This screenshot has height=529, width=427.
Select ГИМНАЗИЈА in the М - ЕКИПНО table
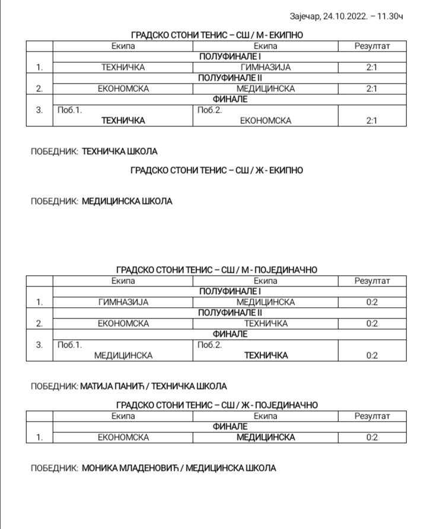pos(266,68)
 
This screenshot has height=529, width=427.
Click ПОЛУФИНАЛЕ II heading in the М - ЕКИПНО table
pos(230,78)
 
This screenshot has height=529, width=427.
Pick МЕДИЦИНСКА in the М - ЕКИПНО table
pos(266,89)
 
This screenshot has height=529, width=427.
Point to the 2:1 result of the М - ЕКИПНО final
pos(372,120)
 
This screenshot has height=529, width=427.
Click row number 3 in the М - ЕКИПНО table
pos(40,110)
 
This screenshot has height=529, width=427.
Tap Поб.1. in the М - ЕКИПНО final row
pos(68,110)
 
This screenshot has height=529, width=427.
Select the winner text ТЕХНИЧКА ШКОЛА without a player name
pos(119,151)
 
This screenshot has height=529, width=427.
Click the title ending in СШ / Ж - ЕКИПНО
pos(216,170)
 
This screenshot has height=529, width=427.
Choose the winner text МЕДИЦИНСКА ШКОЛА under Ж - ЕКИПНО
pos(127,201)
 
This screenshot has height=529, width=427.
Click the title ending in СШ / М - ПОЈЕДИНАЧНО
pos(216,270)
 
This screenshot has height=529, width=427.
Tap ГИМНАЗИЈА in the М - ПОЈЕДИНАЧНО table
pos(123,302)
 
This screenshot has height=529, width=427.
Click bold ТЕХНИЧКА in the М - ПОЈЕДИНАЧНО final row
pos(266,355)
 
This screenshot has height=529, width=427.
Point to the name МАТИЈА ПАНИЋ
pos(112,386)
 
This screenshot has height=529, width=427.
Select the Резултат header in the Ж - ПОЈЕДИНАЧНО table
pos(372,416)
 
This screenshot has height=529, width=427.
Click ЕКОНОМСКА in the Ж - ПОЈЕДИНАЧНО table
pos(123,437)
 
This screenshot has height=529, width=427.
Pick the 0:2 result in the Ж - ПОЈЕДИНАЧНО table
pos(372,437)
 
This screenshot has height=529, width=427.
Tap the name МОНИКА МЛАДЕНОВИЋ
pos(129,468)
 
